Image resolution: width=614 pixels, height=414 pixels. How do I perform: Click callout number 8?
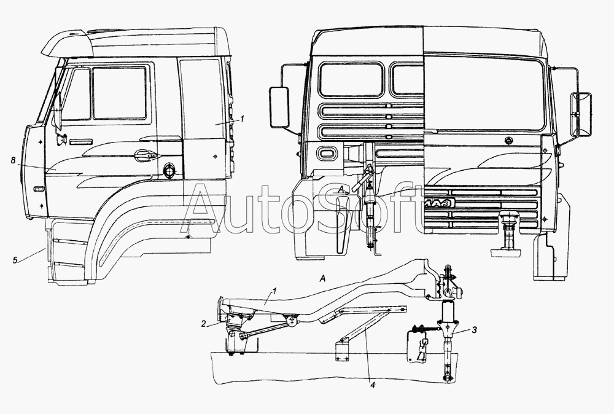[13, 160]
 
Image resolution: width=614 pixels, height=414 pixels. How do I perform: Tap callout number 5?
[15, 260]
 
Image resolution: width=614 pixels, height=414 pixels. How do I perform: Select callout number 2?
[203, 324]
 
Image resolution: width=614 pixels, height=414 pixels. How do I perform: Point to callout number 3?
[474, 330]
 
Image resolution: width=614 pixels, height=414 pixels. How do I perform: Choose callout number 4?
[373, 385]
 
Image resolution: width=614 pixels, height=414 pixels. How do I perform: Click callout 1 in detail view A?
[274, 291]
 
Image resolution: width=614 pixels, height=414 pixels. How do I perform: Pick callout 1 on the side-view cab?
[243, 119]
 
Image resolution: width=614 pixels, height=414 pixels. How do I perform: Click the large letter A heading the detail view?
[323, 278]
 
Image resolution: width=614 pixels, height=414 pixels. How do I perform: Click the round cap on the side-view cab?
[169, 170]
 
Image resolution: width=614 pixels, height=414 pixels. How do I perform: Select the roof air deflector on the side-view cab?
[67, 42]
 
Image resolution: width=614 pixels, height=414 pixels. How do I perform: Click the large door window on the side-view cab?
[120, 93]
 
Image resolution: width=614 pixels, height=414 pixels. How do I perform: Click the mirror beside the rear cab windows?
[279, 107]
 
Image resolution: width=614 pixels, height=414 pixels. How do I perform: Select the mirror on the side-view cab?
[58, 110]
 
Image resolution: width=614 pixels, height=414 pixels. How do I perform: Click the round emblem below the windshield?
[508, 140]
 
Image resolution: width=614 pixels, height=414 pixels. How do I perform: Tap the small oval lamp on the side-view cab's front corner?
[38, 190]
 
